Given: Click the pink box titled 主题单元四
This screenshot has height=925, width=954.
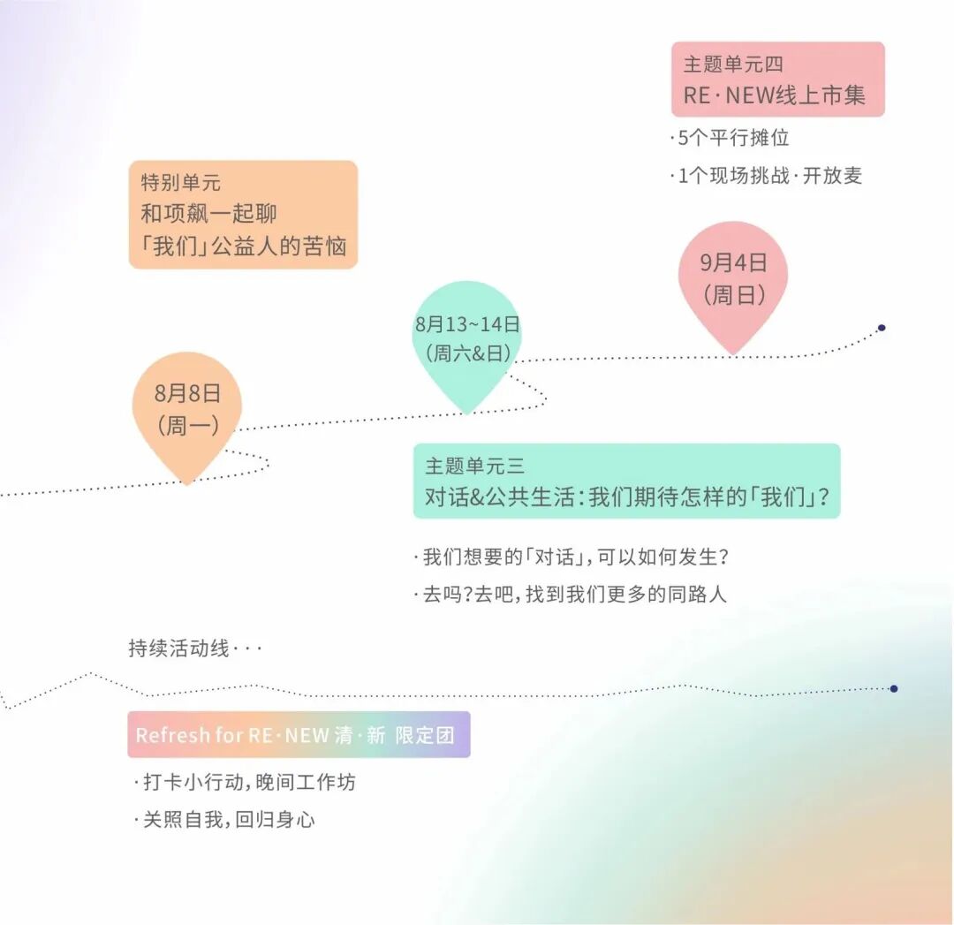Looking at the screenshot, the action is tap(777, 80).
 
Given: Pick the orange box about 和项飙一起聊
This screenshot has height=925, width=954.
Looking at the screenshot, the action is tap(243, 215).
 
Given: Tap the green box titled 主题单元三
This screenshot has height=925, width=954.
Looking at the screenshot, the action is tap(626, 481).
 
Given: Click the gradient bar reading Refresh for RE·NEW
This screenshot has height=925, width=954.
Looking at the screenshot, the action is tap(299, 734).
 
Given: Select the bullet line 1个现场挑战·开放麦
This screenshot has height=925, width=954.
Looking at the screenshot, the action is tap(766, 175).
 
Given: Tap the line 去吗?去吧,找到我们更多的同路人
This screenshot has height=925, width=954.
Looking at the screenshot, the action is tap(570, 594).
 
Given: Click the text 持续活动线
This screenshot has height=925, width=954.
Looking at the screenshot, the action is tap(179, 648).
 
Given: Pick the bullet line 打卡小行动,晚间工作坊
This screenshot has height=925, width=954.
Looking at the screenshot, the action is tap(245, 782).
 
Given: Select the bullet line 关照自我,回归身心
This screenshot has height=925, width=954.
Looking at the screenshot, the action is tap(224, 819).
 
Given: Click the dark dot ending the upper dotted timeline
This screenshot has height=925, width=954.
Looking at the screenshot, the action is tap(882, 328).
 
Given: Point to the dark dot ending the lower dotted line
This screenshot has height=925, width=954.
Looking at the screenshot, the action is tap(894, 688).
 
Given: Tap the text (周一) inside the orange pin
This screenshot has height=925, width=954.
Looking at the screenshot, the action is tap(187, 426).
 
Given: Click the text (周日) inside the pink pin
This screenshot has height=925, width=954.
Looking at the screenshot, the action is tap(734, 295).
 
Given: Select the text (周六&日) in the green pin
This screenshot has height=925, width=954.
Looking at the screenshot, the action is tap(468, 353).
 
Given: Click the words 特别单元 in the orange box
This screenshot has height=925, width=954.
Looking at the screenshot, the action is tap(181, 183).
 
